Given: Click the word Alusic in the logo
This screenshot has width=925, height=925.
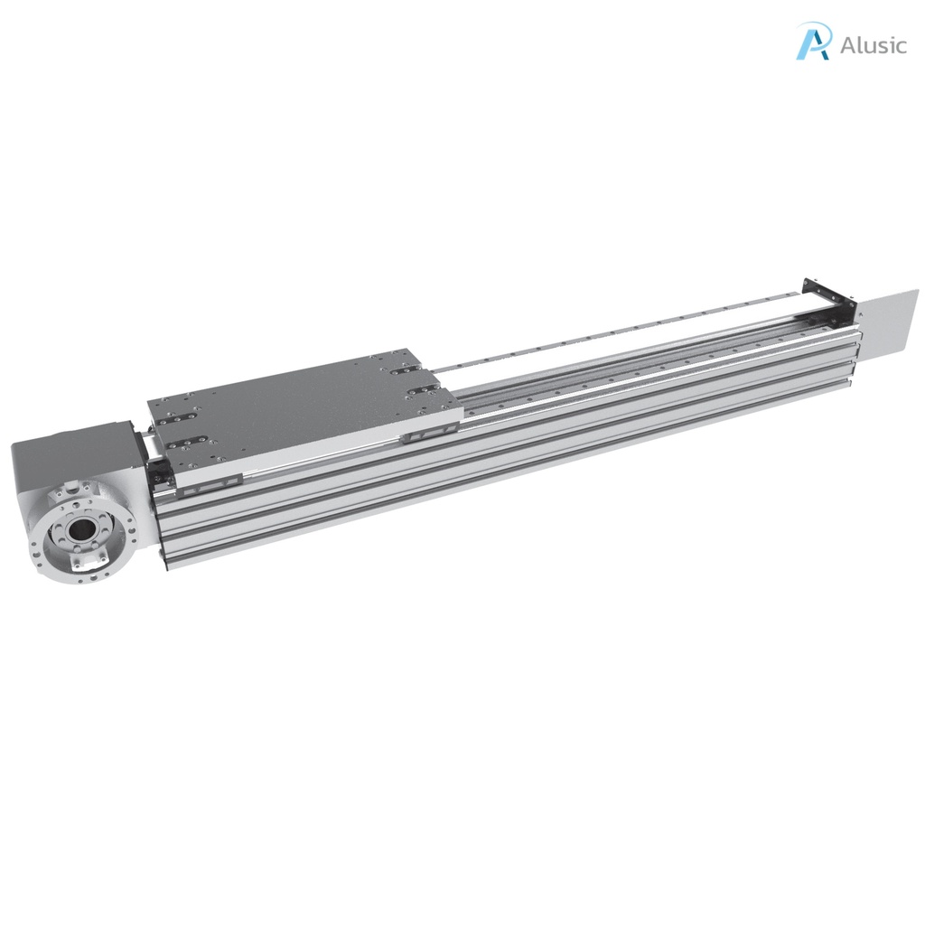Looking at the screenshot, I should pos(872,45).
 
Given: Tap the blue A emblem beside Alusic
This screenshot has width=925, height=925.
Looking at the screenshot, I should pos(813,42).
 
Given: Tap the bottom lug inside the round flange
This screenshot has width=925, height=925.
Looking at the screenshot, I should pos(83,561).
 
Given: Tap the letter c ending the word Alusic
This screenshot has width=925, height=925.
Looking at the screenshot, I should pos(900,46).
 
